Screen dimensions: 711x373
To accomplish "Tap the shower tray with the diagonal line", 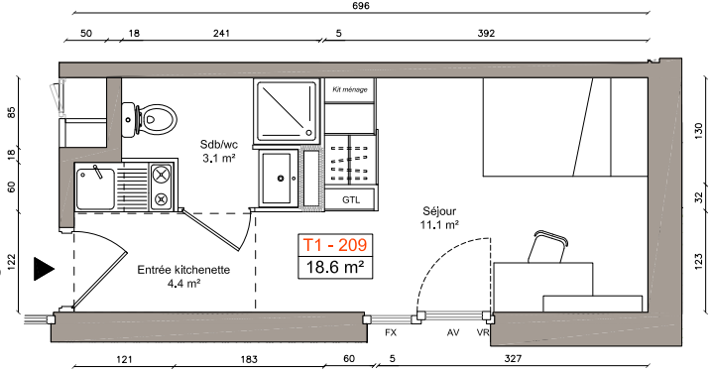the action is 287,111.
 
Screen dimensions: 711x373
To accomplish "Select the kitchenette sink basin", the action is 95,188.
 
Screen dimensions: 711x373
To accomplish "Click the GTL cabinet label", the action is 351,199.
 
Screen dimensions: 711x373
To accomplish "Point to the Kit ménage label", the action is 350,89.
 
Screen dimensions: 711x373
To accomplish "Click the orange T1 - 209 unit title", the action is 335,245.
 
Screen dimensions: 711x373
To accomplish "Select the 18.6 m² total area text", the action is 335,267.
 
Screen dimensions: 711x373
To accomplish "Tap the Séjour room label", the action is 439,211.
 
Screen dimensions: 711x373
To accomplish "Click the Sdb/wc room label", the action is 219,145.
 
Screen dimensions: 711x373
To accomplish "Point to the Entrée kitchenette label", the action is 183,270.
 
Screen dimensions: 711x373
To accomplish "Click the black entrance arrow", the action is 45,269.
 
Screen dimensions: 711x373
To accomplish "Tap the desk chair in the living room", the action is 547,247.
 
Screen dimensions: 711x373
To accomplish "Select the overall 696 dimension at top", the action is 361,6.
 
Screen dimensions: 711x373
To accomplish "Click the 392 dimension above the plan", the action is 486,33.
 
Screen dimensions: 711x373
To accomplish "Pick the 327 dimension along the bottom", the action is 513,359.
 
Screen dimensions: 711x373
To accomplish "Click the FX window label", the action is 391,332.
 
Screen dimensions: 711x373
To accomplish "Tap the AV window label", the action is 453,332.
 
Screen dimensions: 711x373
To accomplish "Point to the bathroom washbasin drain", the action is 281,179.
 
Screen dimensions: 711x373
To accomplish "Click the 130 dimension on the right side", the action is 699,132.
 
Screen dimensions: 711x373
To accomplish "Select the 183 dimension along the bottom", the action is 249,359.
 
